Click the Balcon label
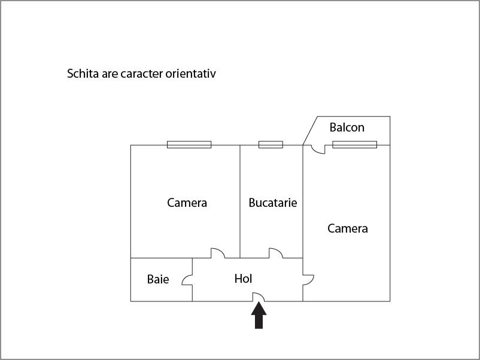pyautogui.click(x=347, y=127)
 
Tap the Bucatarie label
pyautogui.click(x=273, y=203)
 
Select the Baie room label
pyautogui.click(x=158, y=279)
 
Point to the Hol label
pyautogui.click(x=244, y=279)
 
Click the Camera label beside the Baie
pyautogui.click(x=187, y=203)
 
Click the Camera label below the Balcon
pyautogui.click(x=348, y=228)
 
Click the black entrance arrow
pyautogui.click(x=259, y=315)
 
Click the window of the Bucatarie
pyautogui.click(x=271, y=145)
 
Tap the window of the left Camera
pyautogui.click(x=189, y=145)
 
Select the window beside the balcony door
pyautogui.click(x=355, y=145)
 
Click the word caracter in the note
pyautogui.click(x=142, y=74)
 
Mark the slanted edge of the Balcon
pyautogui.click(x=310, y=130)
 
